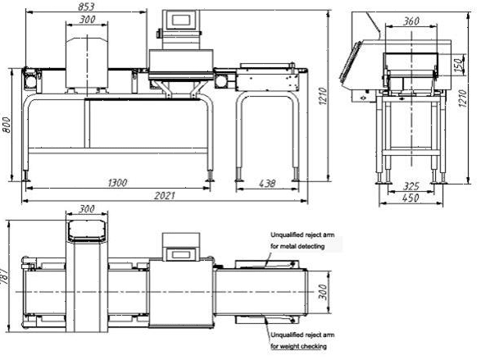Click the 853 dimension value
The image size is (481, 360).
pos(86,7)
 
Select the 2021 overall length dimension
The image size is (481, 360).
pos(165,195)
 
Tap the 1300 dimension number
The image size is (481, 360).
pos(117,183)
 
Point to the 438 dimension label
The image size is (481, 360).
pos(267,184)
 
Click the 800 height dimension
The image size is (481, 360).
pos(7,125)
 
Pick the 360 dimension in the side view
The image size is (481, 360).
pos(411,21)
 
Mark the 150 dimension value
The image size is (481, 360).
pos(459,65)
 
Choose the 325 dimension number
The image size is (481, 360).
pos(411,186)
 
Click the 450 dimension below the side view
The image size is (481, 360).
pos(411,198)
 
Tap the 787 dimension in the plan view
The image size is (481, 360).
pos(4,276)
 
